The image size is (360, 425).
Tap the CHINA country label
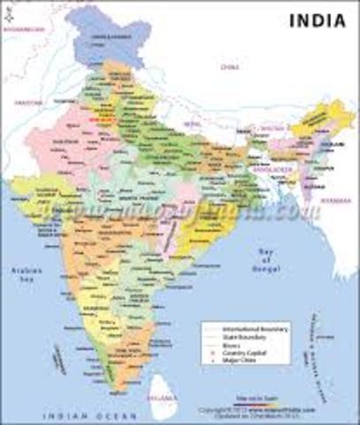232,65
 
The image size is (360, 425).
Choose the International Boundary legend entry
244,328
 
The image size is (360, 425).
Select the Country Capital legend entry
240,352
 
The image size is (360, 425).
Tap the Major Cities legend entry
238,359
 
